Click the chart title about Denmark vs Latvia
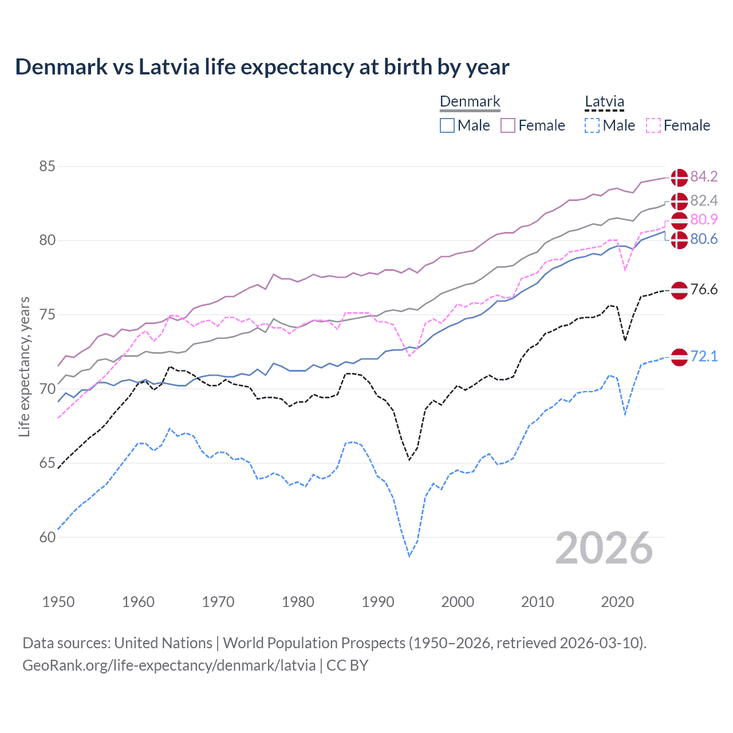tap(262, 67)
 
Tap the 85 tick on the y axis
tap(47, 167)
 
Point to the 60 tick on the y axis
tap(47, 537)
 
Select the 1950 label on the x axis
tap(58, 602)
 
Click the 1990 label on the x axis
tap(378, 602)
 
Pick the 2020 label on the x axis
tap(617, 602)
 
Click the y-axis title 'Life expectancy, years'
tap(24, 366)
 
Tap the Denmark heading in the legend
tap(470, 102)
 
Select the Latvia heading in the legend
tap(604, 102)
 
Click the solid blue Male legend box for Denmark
tap(447, 125)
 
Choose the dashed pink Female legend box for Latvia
tap(653, 125)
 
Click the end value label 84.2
tap(704, 176)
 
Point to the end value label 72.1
tap(704, 356)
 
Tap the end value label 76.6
tap(704, 289)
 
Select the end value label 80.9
tap(704, 219)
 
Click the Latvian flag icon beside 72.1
tap(679, 357)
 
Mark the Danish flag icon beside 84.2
tap(679, 178)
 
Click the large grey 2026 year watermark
tap(604, 548)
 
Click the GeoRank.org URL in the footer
tap(169, 665)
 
